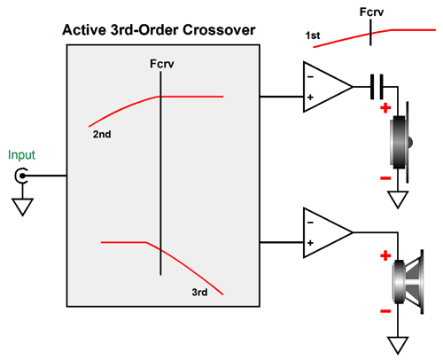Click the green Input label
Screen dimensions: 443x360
[x=21, y=155]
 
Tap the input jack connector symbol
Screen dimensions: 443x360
[x=21, y=176]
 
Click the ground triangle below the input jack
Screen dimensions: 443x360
[x=22, y=207]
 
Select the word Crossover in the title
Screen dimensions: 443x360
[x=219, y=30]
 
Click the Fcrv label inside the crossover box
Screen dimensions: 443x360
[x=162, y=64]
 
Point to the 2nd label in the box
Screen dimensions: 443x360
[x=102, y=134]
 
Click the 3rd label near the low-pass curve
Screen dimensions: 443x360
[x=199, y=292]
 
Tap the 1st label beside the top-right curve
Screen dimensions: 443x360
[x=313, y=35]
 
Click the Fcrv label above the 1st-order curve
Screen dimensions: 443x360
[x=371, y=12]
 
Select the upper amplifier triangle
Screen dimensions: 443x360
[x=327, y=87]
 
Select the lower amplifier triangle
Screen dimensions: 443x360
[x=327, y=232]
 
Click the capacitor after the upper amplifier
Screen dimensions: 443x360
[x=377, y=87]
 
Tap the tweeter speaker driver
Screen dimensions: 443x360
[x=400, y=143]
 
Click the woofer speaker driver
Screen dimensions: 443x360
[x=408, y=282]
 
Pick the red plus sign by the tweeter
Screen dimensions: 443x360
[x=385, y=108]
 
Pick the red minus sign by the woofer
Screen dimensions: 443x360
[x=385, y=311]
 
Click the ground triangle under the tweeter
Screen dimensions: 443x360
[x=398, y=200]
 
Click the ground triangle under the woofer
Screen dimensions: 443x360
[x=398, y=345]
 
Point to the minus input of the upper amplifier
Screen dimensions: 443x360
[x=310, y=77]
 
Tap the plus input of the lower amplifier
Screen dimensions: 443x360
[x=310, y=243]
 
